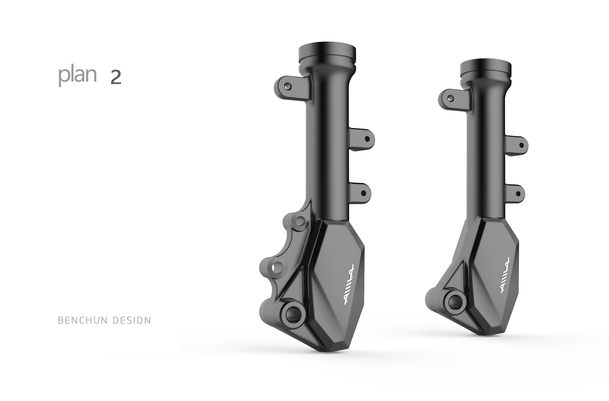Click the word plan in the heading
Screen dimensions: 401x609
[77, 76]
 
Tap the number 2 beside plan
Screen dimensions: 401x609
[116, 77]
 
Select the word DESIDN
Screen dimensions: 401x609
[132, 320]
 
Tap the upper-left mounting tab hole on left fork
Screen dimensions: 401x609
[288, 86]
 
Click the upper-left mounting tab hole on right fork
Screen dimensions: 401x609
[451, 98]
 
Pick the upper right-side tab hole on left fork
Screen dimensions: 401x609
[367, 139]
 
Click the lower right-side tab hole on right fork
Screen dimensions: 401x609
[518, 194]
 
